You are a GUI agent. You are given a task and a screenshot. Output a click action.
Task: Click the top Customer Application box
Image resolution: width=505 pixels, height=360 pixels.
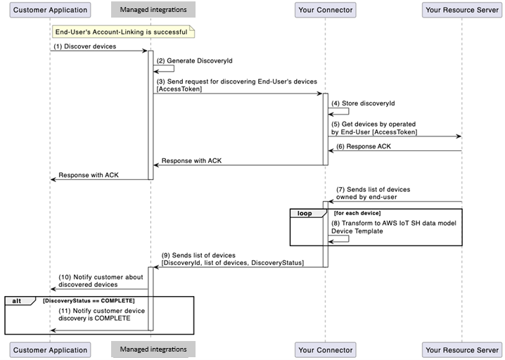click(x=51, y=10)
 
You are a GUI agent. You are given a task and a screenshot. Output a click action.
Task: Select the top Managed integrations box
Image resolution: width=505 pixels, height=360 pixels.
click(x=153, y=10)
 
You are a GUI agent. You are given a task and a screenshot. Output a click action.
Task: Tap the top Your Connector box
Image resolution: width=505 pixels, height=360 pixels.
click(x=325, y=10)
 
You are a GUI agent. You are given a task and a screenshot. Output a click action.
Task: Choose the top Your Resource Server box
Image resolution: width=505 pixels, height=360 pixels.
click(x=461, y=10)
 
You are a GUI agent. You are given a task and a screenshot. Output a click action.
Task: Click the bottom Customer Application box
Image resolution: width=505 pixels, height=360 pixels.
click(x=51, y=349)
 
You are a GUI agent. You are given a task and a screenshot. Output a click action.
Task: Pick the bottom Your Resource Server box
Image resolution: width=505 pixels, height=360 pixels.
click(x=461, y=349)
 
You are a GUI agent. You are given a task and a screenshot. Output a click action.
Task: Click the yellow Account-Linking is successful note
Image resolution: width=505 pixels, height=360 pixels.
click(x=123, y=32)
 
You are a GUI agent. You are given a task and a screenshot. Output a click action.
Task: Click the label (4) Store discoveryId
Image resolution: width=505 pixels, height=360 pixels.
click(x=363, y=103)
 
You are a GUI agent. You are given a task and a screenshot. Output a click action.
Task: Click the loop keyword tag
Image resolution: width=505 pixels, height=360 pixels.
click(x=305, y=212)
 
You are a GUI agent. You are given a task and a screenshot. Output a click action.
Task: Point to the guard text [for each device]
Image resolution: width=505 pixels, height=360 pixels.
click(x=357, y=212)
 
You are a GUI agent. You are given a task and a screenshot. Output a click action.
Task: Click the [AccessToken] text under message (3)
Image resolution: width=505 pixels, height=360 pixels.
click(x=179, y=89)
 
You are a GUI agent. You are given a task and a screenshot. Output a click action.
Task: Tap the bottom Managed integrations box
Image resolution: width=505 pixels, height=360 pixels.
click(x=153, y=349)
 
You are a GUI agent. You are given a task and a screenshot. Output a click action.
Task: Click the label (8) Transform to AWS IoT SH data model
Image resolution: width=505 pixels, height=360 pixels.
click(x=394, y=224)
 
